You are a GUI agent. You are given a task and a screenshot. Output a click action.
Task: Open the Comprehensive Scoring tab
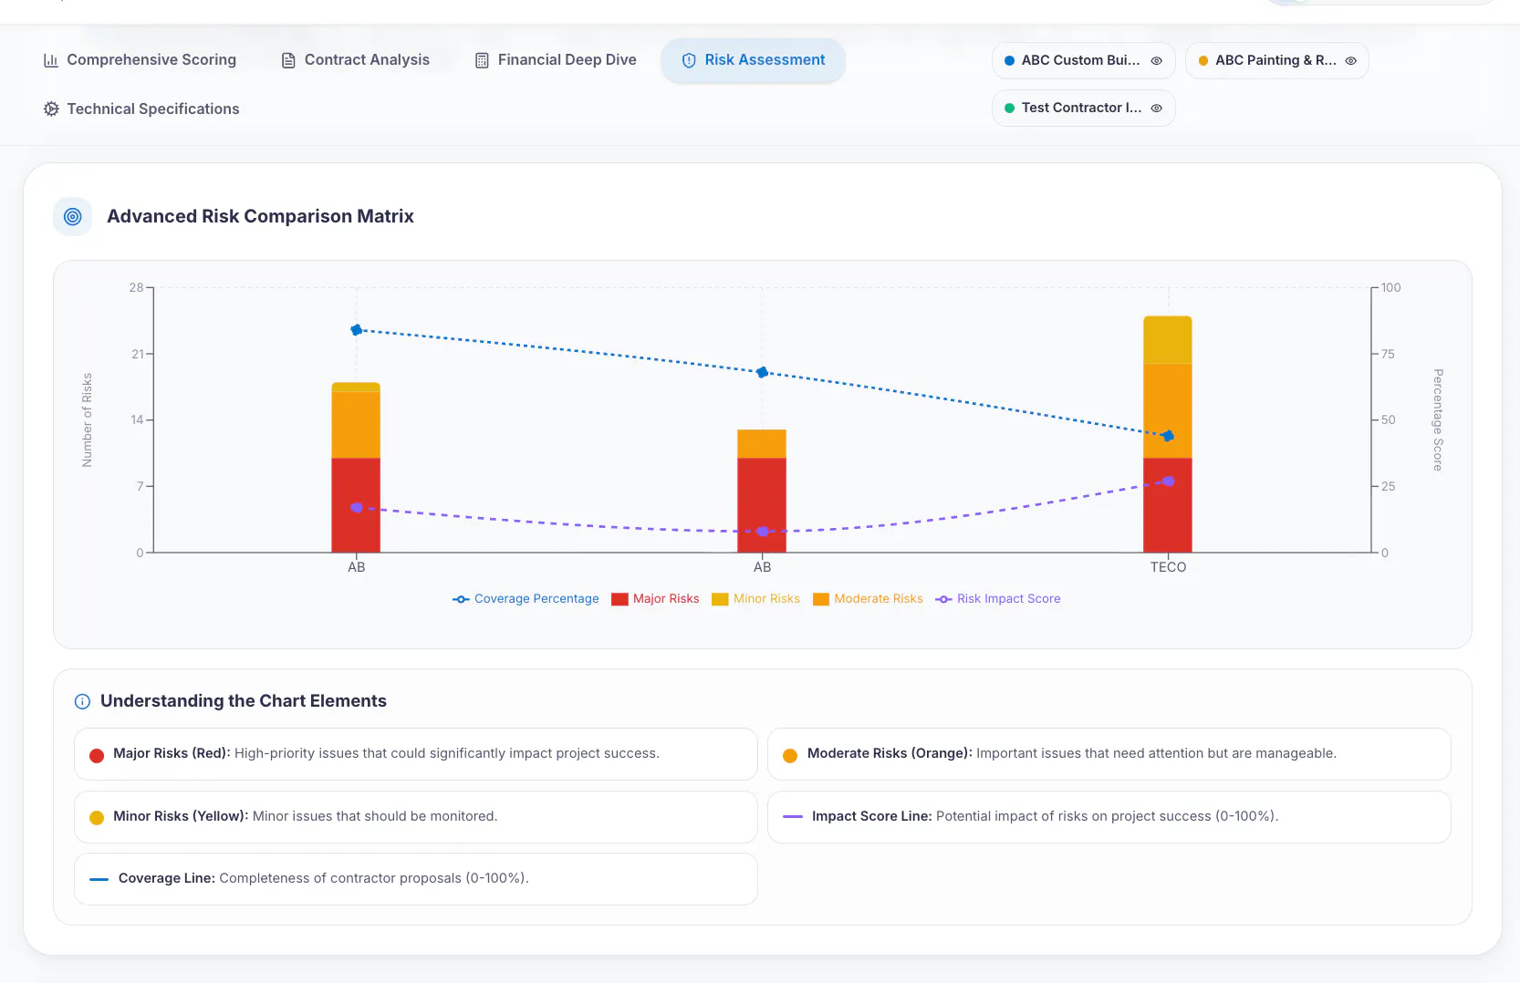(x=140, y=59)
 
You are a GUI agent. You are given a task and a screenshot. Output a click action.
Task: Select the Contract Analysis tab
(x=355, y=59)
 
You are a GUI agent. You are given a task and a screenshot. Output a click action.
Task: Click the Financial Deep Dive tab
(x=555, y=59)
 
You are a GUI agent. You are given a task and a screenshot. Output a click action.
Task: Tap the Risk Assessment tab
(x=754, y=60)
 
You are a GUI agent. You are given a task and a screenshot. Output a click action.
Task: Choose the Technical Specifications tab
(x=141, y=109)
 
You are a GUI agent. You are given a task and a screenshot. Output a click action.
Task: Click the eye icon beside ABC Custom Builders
(x=1156, y=60)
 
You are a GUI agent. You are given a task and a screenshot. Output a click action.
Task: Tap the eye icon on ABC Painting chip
(x=1351, y=60)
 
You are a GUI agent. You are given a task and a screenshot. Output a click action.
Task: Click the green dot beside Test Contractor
(x=1009, y=108)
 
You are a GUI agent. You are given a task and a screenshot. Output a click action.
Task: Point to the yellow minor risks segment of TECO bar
(x=1167, y=340)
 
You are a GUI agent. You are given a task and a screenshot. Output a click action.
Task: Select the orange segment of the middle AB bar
(x=761, y=444)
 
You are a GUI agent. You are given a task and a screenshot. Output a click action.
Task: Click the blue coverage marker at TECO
(x=1167, y=436)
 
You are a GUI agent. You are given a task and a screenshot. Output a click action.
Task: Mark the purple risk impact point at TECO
(x=1168, y=481)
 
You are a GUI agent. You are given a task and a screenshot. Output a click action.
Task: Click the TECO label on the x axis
(x=1168, y=567)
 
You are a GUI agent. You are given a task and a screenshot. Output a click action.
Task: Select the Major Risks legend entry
(x=655, y=599)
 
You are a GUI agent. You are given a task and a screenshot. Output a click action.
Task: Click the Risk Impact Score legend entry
(x=997, y=599)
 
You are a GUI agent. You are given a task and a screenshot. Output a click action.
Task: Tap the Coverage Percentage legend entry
(x=526, y=599)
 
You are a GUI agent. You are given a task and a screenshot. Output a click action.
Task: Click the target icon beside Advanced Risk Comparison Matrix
(x=73, y=216)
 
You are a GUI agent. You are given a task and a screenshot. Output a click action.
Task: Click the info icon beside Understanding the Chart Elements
(x=82, y=701)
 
